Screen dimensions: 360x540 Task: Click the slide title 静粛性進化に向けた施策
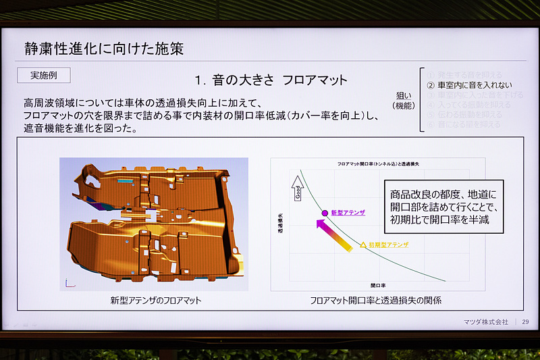point(103,49)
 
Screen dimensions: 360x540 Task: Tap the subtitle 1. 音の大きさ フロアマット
point(271,80)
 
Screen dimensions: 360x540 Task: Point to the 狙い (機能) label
point(406,101)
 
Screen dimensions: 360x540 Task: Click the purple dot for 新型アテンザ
point(325,213)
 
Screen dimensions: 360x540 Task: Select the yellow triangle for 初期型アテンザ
point(362,245)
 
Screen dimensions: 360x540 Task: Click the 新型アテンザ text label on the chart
point(348,213)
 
